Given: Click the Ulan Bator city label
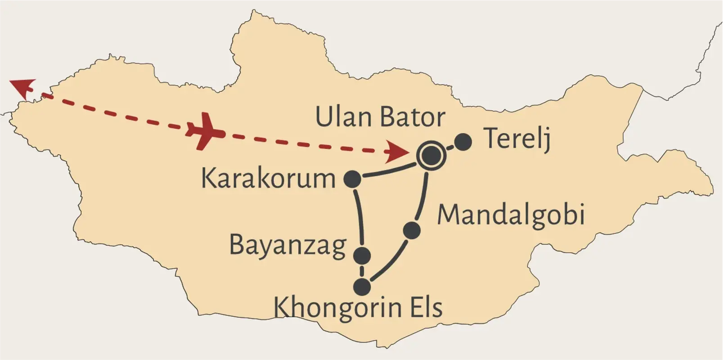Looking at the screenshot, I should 380,117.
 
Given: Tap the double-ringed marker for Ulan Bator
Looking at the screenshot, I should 431,156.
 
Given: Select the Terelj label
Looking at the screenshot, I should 517,139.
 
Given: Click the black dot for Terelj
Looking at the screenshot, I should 463,142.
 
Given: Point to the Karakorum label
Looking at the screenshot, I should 268,179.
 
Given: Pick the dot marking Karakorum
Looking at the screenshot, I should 352,179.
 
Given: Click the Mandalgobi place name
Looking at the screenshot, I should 511,215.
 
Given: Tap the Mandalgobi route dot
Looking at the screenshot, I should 412,230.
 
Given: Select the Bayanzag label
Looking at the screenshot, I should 288,246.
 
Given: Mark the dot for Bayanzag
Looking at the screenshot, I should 362,256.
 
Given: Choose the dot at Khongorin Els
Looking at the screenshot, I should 362,287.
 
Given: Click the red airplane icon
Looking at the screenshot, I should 205,131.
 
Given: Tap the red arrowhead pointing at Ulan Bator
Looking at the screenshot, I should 396,152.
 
